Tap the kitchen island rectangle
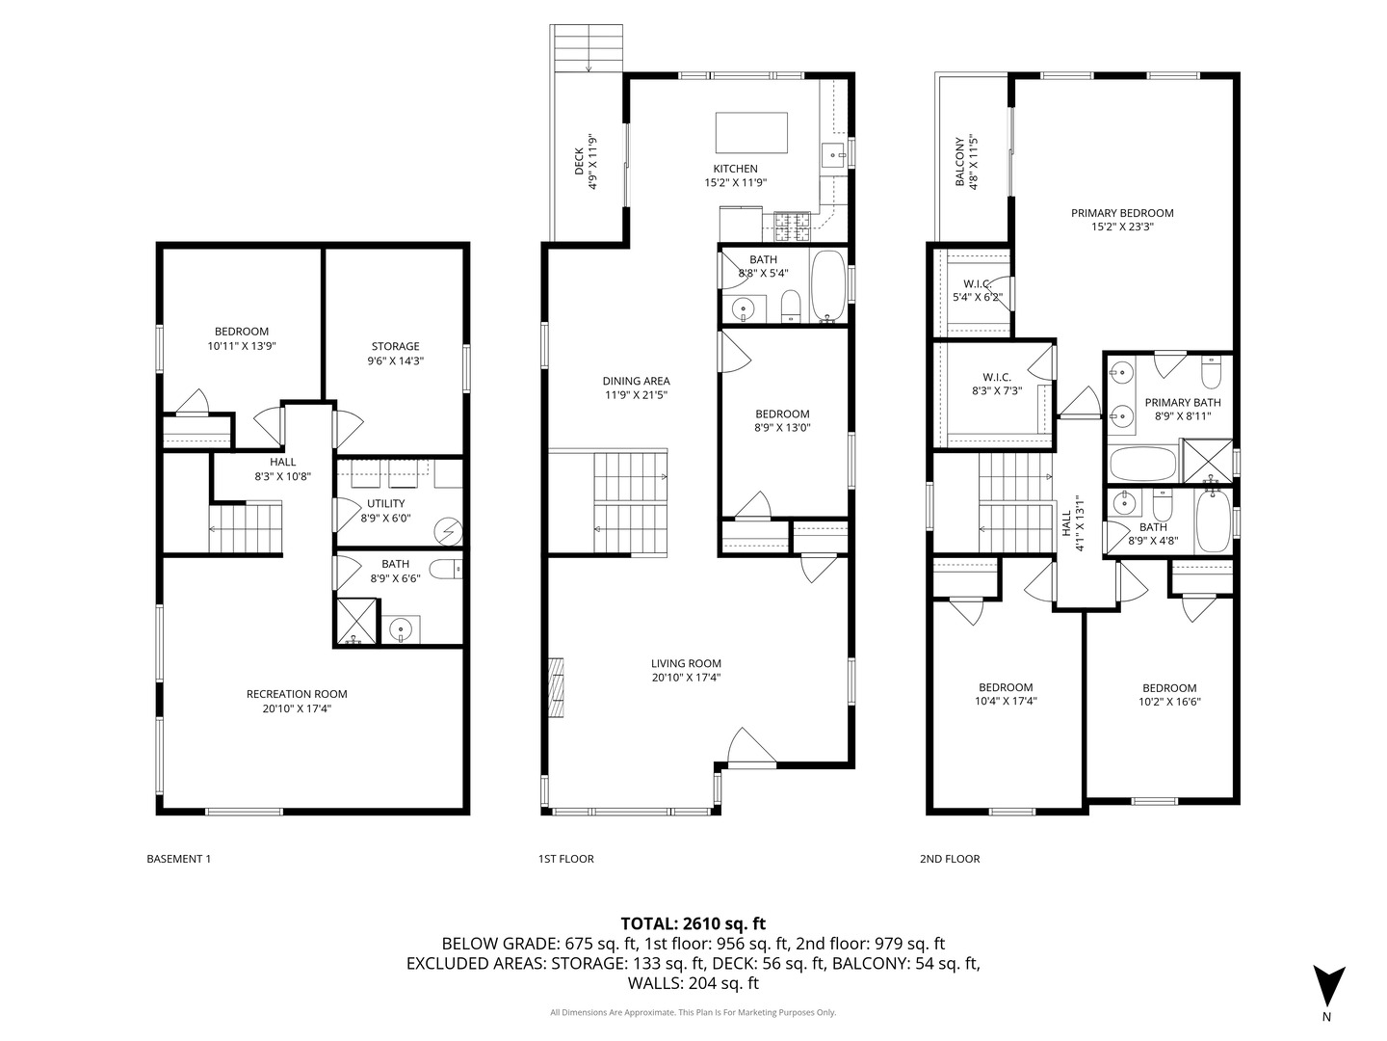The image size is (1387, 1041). (x=751, y=133)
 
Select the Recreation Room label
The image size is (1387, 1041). (x=297, y=694)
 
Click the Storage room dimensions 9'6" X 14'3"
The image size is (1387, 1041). (x=396, y=360)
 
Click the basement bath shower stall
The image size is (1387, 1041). (x=356, y=621)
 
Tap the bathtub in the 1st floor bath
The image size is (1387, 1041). (x=827, y=285)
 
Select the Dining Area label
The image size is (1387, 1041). (x=637, y=381)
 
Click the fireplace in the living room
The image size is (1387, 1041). (x=556, y=687)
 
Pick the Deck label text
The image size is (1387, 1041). (x=579, y=162)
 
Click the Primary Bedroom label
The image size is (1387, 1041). (x=1122, y=213)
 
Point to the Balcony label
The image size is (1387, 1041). (x=960, y=162)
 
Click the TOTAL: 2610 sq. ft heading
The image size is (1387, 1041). (x=693, y=924)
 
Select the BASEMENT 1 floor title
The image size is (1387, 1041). (x=179, y=859)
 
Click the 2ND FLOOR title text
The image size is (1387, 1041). (x=950, y=859)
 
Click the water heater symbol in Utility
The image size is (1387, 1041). (x=449, y=532)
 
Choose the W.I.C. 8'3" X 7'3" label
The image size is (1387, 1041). (x=997, y=385)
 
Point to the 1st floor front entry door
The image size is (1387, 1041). (x=752, y=750)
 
